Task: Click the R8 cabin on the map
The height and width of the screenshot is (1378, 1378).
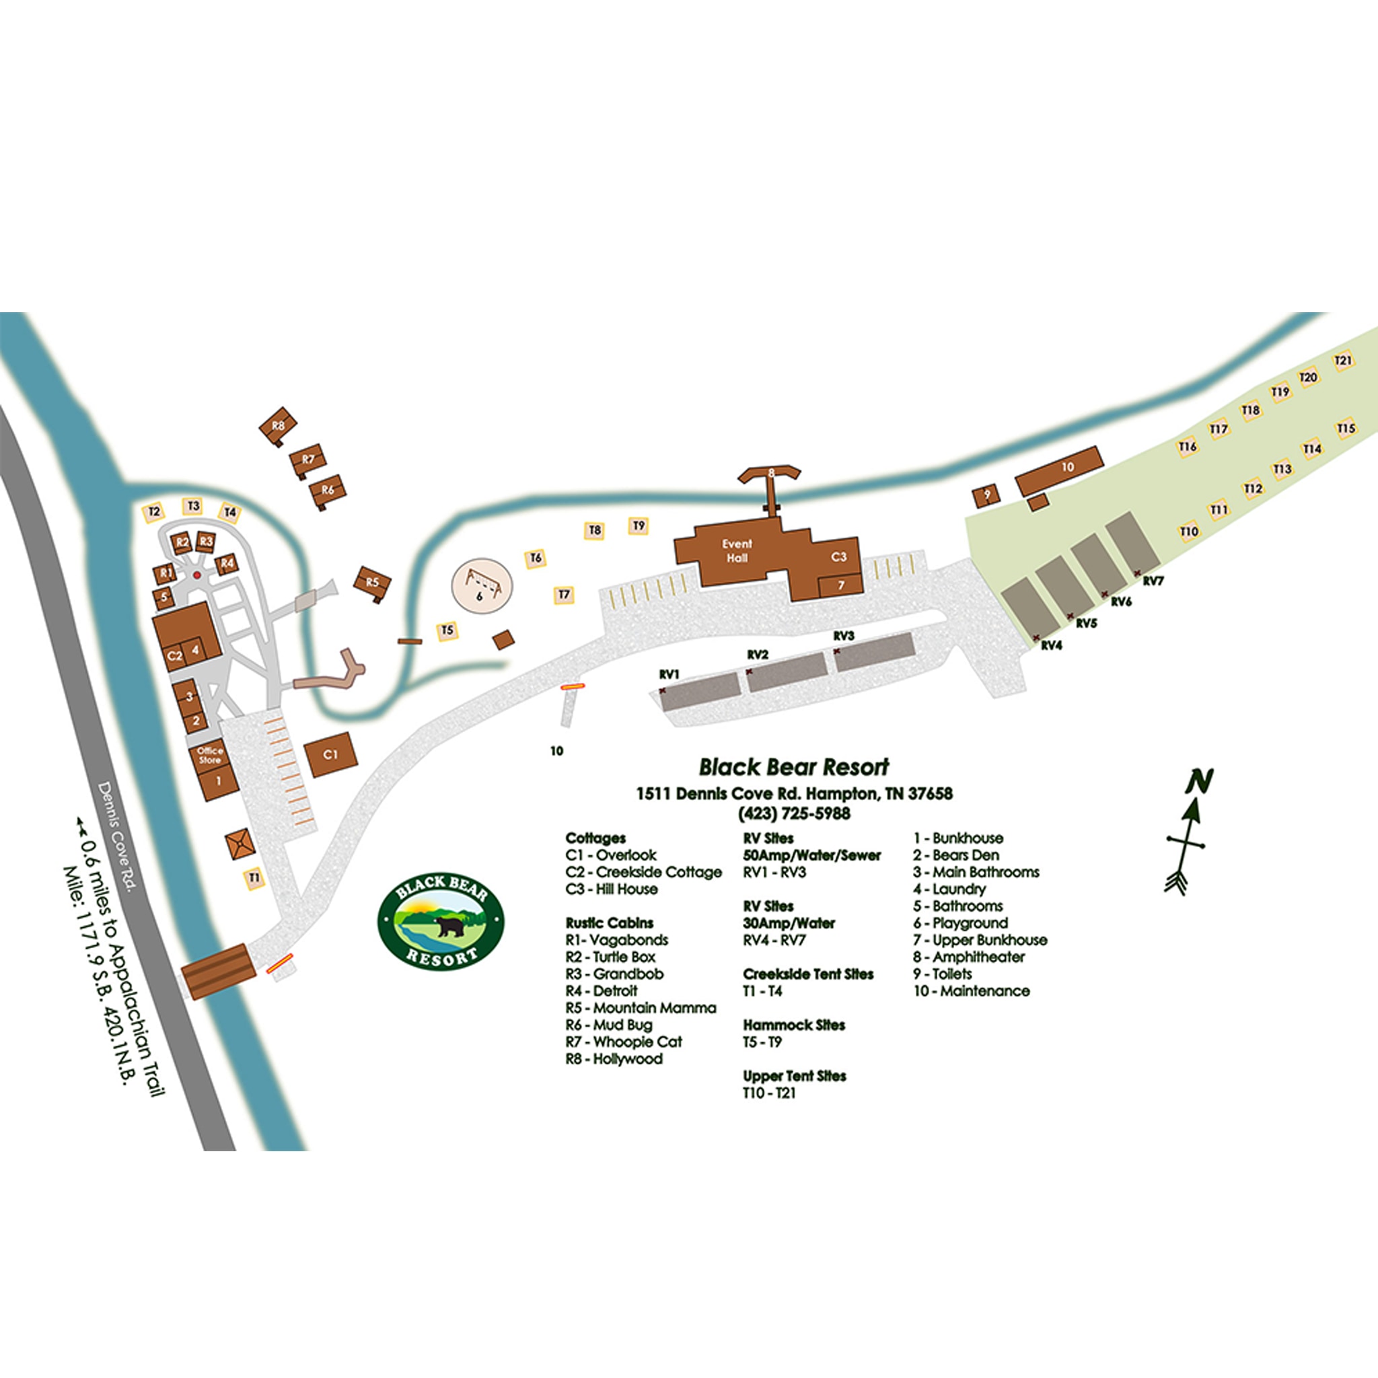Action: coord(277,426)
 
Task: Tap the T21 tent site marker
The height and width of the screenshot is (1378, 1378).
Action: coord(1343,360)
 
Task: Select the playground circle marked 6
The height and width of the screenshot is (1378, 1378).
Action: coord(482,584)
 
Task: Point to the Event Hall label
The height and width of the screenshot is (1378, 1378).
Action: coord(737,550)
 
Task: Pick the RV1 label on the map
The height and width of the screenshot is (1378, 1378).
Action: coord(669,674)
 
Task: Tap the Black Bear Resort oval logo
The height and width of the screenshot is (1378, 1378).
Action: coord(441,922)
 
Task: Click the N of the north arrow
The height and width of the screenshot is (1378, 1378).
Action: coord(1199,781)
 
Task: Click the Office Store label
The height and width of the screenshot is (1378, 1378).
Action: coord(210,756)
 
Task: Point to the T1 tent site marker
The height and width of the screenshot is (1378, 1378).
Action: coord(254,877)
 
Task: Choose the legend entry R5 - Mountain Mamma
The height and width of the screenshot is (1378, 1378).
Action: coord(641,1008)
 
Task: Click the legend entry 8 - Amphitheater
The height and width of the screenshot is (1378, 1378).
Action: coord(969,957)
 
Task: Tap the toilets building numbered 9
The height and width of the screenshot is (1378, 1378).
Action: coord(986,495)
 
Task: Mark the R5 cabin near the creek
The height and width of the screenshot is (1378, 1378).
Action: coord(372,583)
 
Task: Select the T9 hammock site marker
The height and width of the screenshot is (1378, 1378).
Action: coord(639,525)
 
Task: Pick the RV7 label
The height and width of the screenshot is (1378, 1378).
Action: coord(1153,581)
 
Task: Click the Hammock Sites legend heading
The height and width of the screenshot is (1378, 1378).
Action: coord(794,1025)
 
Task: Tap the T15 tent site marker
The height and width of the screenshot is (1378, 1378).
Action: coord(1345,429)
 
